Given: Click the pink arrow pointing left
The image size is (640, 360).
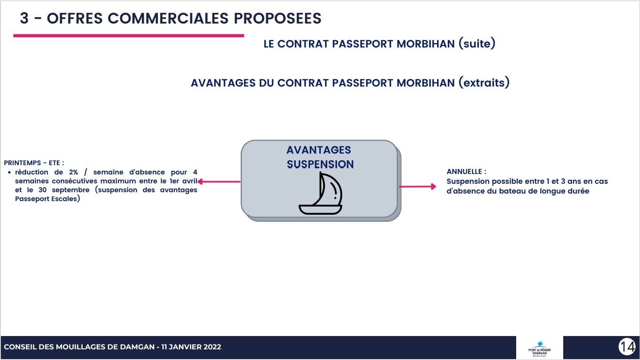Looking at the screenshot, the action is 219,182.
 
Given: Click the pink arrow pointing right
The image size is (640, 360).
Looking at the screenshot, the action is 418,186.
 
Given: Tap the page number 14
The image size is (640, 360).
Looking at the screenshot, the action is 628,347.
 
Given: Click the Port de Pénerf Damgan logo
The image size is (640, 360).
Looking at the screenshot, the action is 539,348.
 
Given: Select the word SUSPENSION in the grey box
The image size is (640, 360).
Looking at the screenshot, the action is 320,164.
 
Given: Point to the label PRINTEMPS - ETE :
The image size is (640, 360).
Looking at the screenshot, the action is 34,163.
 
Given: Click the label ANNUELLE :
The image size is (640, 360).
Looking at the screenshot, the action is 466,171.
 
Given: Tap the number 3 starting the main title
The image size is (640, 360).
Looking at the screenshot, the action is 24,18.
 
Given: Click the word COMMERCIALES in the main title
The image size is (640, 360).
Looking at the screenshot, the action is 168,18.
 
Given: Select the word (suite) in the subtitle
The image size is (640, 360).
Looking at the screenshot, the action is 477,44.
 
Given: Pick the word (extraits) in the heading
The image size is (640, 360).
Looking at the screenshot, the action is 484,83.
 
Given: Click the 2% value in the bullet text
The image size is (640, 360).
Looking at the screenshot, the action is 73,172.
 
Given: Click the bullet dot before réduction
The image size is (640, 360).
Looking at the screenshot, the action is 9,172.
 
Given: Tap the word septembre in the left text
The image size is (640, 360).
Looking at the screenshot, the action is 71,190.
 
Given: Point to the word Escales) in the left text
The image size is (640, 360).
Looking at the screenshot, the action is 67,199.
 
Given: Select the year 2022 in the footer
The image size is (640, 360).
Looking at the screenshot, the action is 212,347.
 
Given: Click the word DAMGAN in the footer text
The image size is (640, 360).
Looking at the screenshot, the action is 137,347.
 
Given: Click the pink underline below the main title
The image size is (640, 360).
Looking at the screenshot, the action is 129,36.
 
